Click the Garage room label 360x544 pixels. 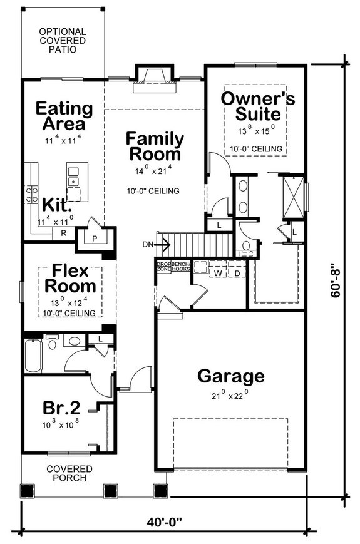230,376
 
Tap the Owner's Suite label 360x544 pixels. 257,106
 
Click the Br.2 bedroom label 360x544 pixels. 61,408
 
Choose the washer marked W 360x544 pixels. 219,273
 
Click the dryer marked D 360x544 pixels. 237,273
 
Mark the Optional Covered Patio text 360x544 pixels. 62,40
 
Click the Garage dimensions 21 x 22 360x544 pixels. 230,395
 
